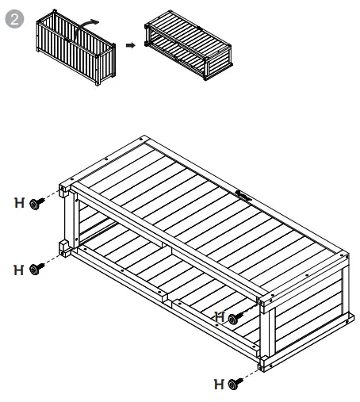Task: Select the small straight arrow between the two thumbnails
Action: point(130,44)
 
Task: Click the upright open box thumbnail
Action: point(76,49)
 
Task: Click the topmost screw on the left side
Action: point(35,205)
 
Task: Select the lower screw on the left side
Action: point(35,270)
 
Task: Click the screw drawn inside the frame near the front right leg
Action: point(234,318)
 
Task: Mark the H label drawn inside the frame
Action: point(220,316)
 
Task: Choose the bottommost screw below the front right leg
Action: point(234,384)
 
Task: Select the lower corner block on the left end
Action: point(62,247)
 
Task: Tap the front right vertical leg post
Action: point(266,333)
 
